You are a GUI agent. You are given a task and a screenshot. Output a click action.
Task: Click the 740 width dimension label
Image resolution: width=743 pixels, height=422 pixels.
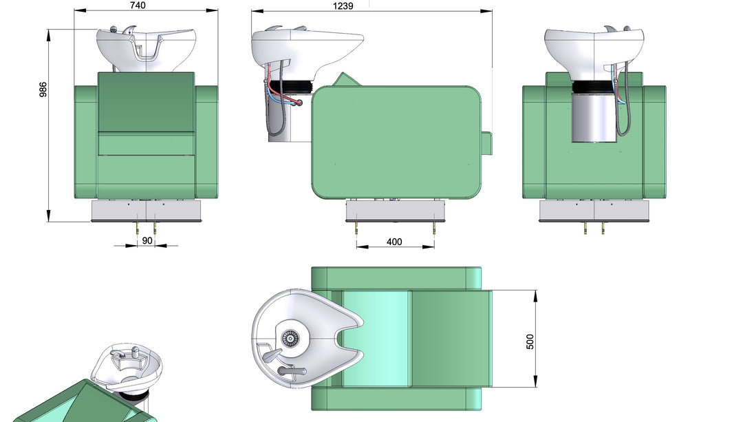[138, 6]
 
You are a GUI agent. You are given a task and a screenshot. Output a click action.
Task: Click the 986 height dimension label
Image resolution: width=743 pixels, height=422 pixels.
[43, 89]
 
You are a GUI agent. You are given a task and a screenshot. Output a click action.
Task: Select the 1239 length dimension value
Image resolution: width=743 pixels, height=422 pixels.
[343, 6]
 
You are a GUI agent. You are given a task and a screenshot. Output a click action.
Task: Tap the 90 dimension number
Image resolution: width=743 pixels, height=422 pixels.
[147, 240]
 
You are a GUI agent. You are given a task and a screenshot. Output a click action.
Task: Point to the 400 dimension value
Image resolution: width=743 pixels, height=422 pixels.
[394, 242]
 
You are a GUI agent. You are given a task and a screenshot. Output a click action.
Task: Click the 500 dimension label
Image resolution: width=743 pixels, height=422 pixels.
[530, 341]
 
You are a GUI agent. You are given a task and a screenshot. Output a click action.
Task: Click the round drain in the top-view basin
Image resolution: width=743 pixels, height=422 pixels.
[290, 339]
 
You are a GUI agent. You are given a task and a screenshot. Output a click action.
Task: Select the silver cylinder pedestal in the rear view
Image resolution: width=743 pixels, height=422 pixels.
[594, 118]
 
